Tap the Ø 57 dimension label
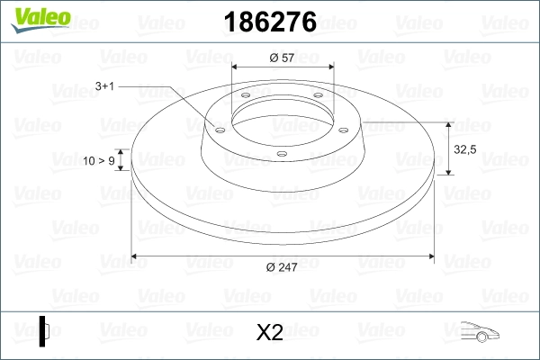tap(282, 58)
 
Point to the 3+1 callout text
tap(104, 86)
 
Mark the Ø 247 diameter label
tap(283, 267)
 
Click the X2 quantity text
tap(270, 333)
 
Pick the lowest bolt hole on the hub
tap(281, 154)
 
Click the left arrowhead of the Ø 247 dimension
tap(137, 256)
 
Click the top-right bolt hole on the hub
tap(319, 100)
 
